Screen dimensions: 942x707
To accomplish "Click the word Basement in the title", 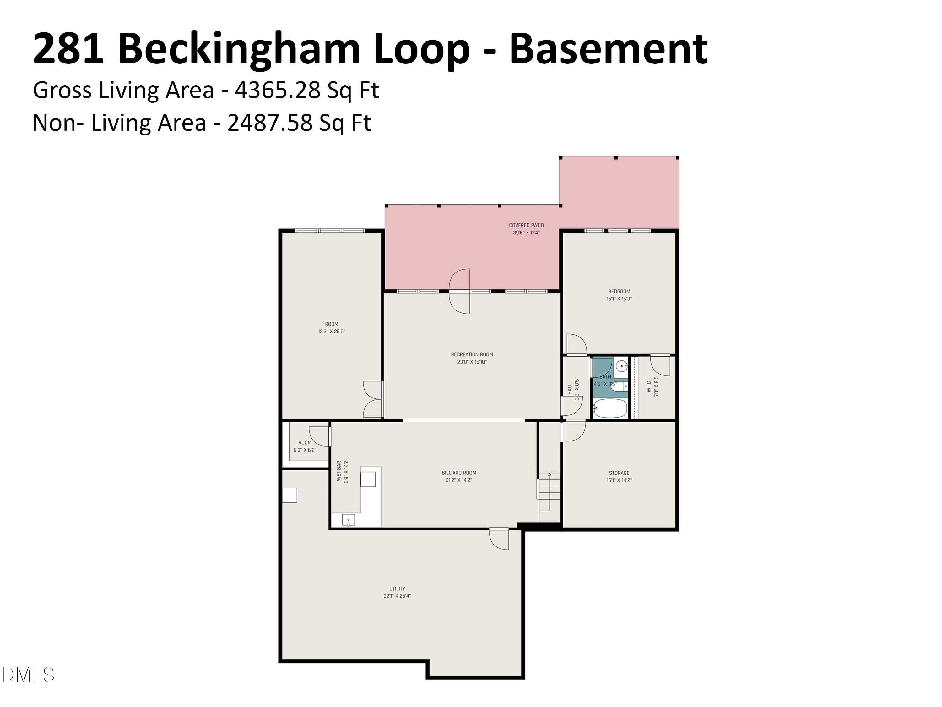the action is point(609,49).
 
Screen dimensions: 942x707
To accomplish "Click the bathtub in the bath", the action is point(610,408).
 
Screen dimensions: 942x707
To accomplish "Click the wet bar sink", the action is point(348,520).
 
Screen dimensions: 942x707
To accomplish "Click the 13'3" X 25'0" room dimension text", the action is point(331,331).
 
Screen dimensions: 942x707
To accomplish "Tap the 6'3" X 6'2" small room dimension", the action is point(305,450).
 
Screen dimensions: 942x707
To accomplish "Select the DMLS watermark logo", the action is point(28,675).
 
